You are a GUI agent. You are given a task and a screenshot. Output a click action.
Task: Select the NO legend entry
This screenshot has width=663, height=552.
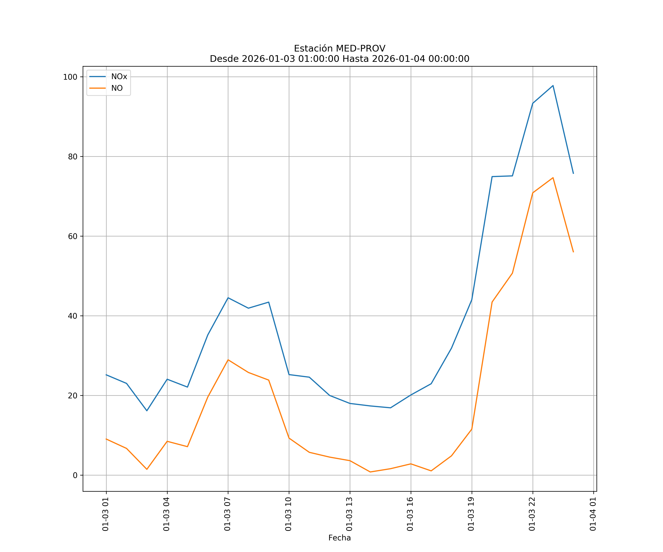tap(117, 88)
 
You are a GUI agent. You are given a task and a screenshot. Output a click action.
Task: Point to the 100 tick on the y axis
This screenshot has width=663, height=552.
tap(70, 77)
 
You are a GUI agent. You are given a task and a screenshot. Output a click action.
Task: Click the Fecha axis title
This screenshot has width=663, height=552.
tap(339, 538)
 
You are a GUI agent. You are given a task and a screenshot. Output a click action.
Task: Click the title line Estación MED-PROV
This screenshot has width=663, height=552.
tap(339, 49)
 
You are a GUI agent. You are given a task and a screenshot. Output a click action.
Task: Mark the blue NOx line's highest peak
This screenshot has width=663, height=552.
tap(553, 86)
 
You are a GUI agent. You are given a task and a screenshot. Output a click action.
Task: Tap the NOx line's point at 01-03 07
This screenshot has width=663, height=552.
tap(228, 298)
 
